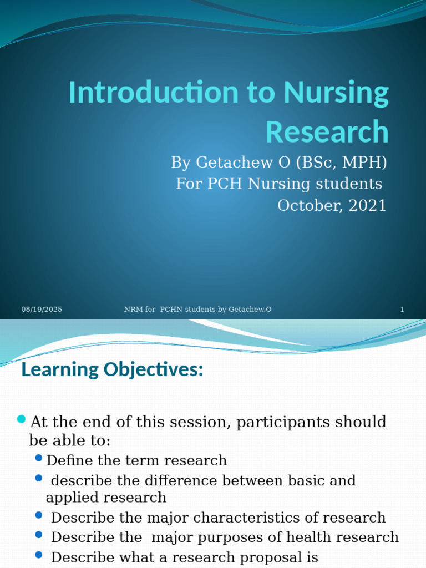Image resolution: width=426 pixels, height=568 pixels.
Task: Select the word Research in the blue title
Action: (327, 132)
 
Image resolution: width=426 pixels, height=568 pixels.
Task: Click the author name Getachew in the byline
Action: (227, 163)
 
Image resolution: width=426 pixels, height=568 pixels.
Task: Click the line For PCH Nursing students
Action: (279, 184)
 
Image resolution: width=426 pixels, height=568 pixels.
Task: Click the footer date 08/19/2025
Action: (42, 309)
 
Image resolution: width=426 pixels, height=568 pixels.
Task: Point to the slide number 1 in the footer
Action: (402, 309)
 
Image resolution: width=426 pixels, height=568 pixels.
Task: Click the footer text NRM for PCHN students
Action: (197, 309)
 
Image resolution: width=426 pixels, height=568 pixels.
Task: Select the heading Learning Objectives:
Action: (112, 369)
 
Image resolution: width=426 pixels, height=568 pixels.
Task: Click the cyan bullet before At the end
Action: (22, 419)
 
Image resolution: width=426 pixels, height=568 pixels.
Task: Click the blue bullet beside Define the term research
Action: (38, 458)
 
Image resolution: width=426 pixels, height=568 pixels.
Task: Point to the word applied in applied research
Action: (69, 498)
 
